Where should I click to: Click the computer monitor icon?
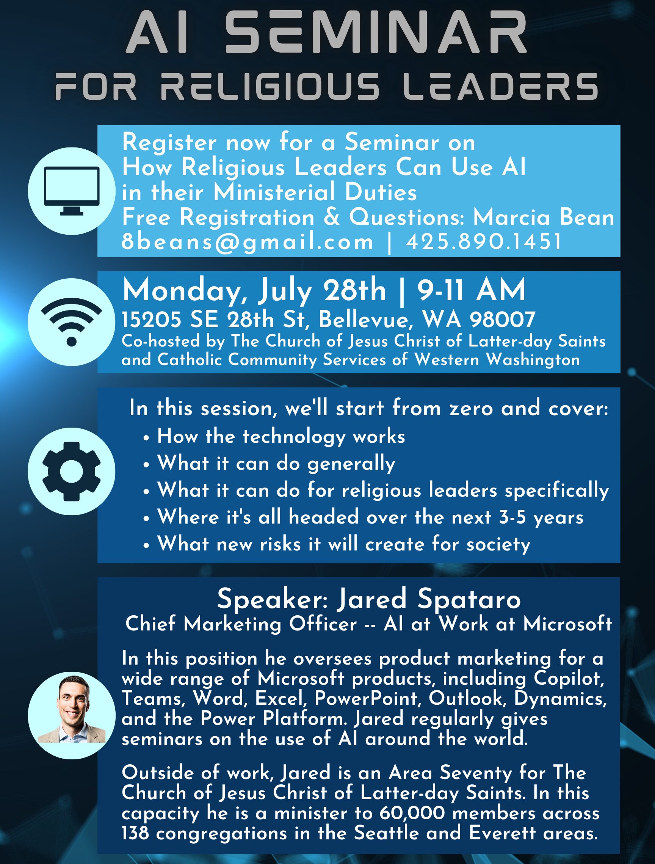click(72, 191)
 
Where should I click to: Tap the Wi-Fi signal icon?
click(72, 321)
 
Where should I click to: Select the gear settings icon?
click(72, 471)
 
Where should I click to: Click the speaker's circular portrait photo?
click(72, 715)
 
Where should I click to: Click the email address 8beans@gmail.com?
click(248, 242)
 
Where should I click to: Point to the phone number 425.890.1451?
click(484, 242)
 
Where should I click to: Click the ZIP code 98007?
click(503, 320)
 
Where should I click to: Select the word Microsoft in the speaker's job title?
click(567, 624)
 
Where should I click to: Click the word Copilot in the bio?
click(569, 679)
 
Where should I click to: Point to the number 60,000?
click(412, 813)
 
